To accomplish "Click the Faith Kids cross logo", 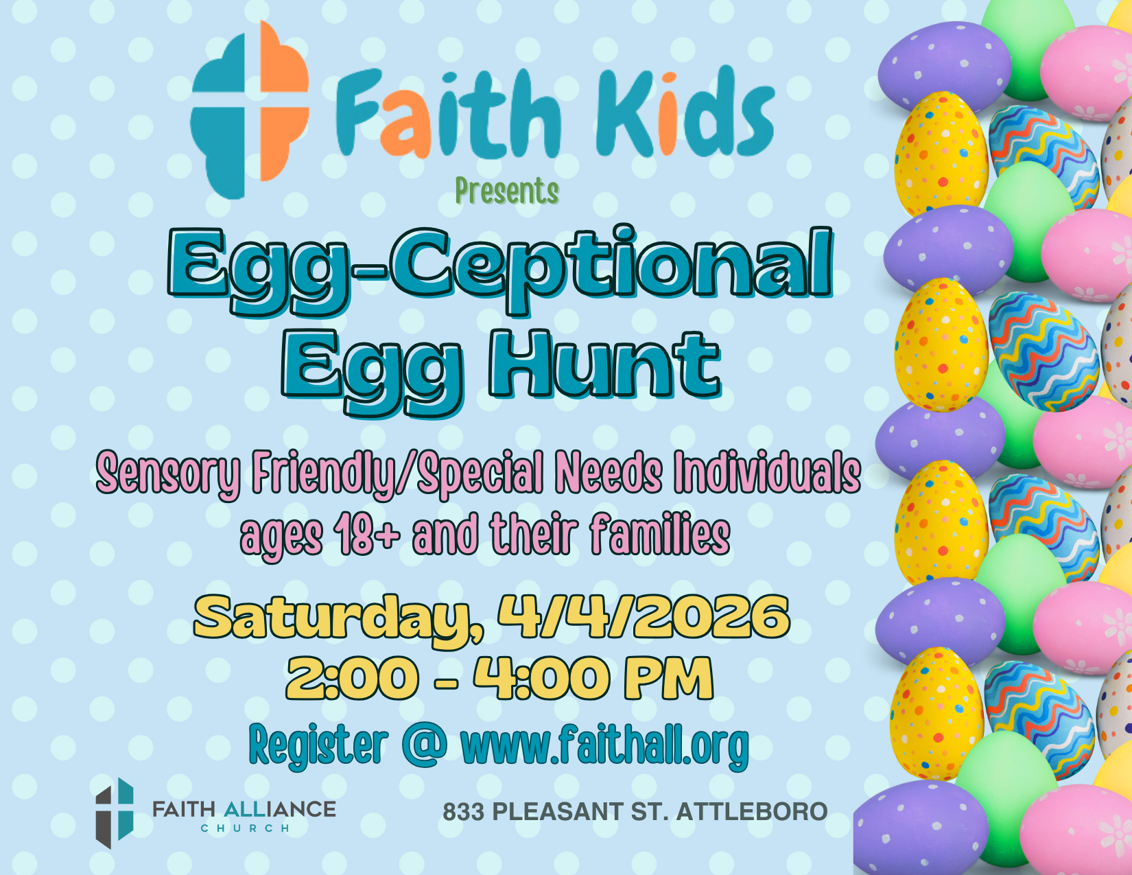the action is tap(250, 109).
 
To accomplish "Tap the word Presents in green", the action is tap(507, 191).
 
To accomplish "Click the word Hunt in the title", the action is tap(604, 365).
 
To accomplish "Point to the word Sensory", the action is tap(169, 475).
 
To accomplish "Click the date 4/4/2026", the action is tap(644, 617).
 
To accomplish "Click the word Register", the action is tap(319, 743).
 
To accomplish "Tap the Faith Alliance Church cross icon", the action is tap(115, 813).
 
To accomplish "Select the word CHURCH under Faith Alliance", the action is tap(245, 828).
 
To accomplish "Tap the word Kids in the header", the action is tap(685, 112).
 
